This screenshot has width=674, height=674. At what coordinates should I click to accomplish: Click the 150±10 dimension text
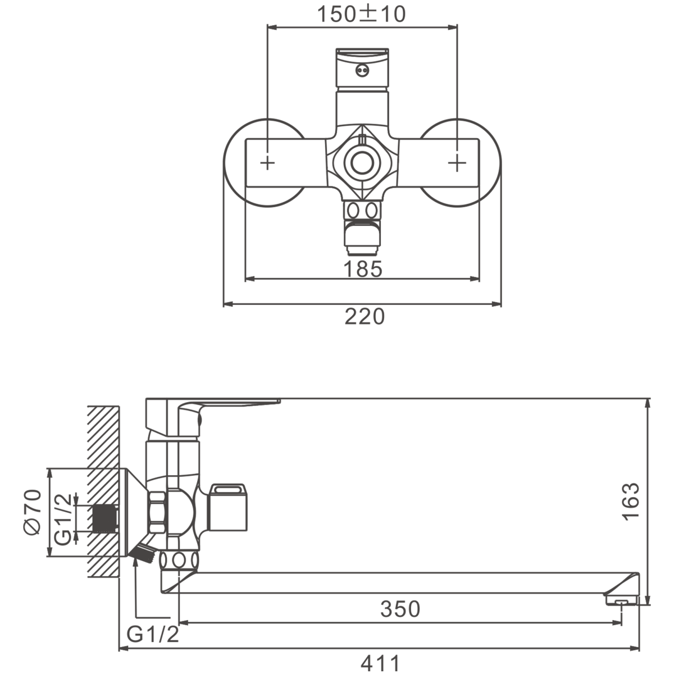(x=361, y=15)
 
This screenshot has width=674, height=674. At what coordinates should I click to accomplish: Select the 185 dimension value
(x=363, y=269)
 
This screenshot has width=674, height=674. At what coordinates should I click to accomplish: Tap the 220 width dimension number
(x=365, y=316)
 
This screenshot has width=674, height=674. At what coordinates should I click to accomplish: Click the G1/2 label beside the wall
(x=63, y=520)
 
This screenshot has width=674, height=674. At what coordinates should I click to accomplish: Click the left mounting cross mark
(x=267, y=163)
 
